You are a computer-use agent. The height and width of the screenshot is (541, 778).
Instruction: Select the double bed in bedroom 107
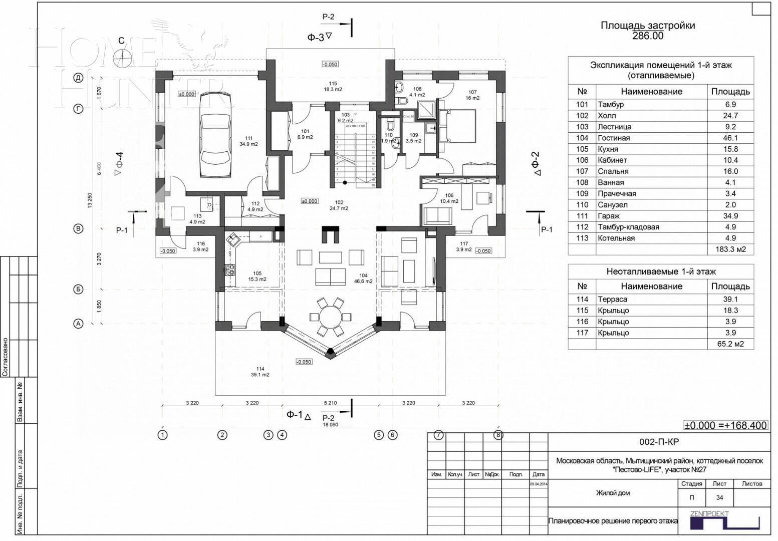tap(457, 127)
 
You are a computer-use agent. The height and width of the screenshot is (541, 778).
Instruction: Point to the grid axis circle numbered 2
tap(222, 435)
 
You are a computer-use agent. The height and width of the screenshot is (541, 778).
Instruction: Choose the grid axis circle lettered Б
tap(78, 289)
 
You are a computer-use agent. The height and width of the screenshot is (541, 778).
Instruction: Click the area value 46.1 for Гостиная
tap(730, 138)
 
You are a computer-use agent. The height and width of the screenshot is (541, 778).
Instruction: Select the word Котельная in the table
tap(616, 238)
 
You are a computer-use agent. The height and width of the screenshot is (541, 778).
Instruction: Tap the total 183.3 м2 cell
tap(730, 249)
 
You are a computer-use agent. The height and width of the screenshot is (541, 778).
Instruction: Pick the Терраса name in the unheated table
tap(612, 300)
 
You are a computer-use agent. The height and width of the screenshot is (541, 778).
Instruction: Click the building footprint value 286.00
tap(647, 36)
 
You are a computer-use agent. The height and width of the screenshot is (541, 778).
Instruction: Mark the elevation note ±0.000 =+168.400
tap(725, 425)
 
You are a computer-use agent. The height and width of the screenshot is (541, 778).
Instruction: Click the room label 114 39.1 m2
tap(260, 372)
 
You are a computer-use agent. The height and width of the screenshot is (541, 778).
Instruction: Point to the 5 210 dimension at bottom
tap(330, 403)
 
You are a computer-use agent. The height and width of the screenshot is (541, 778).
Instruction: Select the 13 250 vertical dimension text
tap(91, 200)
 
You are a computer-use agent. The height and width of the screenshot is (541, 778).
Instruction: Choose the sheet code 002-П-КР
tap(659, 442)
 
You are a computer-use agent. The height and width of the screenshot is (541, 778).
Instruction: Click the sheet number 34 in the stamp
tap(719, 498)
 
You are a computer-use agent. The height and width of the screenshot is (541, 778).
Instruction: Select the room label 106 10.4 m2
tap(449, 198)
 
